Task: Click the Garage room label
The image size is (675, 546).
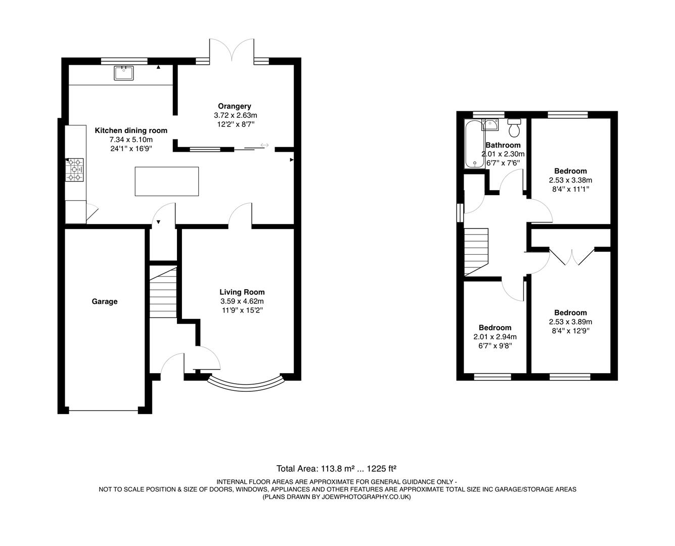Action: [x=104, y=302]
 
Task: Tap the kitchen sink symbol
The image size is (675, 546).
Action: [x=123, y=73]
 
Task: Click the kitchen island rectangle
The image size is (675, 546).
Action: [x=167, y=181]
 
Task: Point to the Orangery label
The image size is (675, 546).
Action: [x=234, y=106]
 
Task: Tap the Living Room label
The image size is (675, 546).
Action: [x=242, y=292]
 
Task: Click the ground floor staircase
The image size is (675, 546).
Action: [x=163, y=293]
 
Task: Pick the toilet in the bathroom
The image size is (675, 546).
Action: [x=515, y=128]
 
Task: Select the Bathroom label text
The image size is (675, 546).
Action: [x=503, y=145]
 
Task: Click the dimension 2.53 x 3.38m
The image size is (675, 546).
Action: [x=570, y=180]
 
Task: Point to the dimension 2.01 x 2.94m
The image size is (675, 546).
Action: [x=494, y=337]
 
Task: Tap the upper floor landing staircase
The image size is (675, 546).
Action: [x=476, y=251]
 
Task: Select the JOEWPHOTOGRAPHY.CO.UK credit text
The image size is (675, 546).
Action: [x=336, y=497]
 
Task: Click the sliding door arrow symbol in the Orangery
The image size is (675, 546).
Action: [x=264, y=146]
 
